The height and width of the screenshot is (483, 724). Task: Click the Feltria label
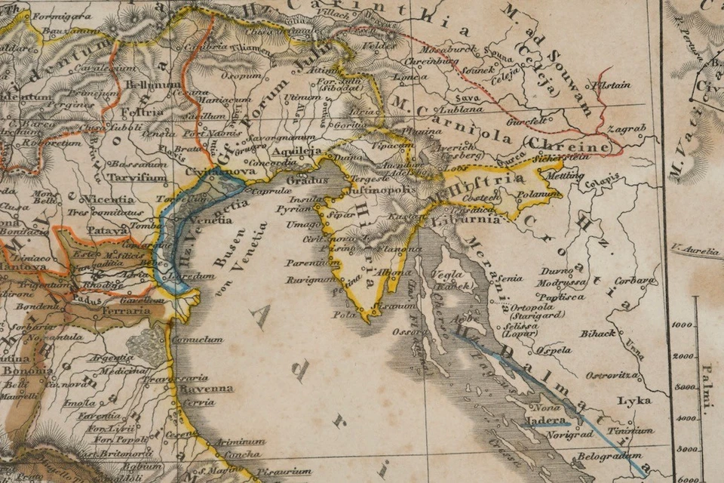(146, 112)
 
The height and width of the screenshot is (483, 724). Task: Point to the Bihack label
(598, 333)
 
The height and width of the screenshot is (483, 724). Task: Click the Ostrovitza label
(613, 374)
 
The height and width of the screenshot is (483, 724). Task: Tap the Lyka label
(633, 400)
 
